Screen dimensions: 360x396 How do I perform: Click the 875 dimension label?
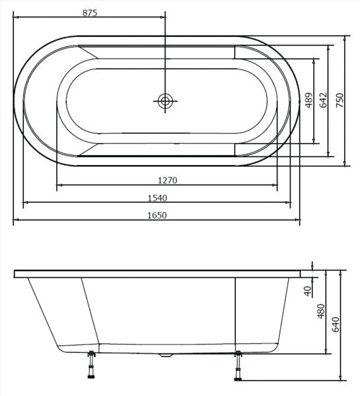(x=90, y=13)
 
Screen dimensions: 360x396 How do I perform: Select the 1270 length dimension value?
(x=167, y=180)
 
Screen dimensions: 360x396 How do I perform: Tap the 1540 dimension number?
(x=157, y=198)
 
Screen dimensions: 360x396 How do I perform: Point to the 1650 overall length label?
(x=157, y=215)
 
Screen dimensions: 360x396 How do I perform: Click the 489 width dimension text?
(x=309, y=100)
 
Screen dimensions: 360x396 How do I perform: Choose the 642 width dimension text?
(x=324, y=100)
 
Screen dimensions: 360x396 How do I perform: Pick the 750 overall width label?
(x=340, y=100)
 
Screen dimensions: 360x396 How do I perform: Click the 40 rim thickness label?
(x=308, y=291)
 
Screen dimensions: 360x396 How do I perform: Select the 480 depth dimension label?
(x=321, y=311)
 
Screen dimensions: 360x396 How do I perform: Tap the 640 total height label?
(x=336, y=325)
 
